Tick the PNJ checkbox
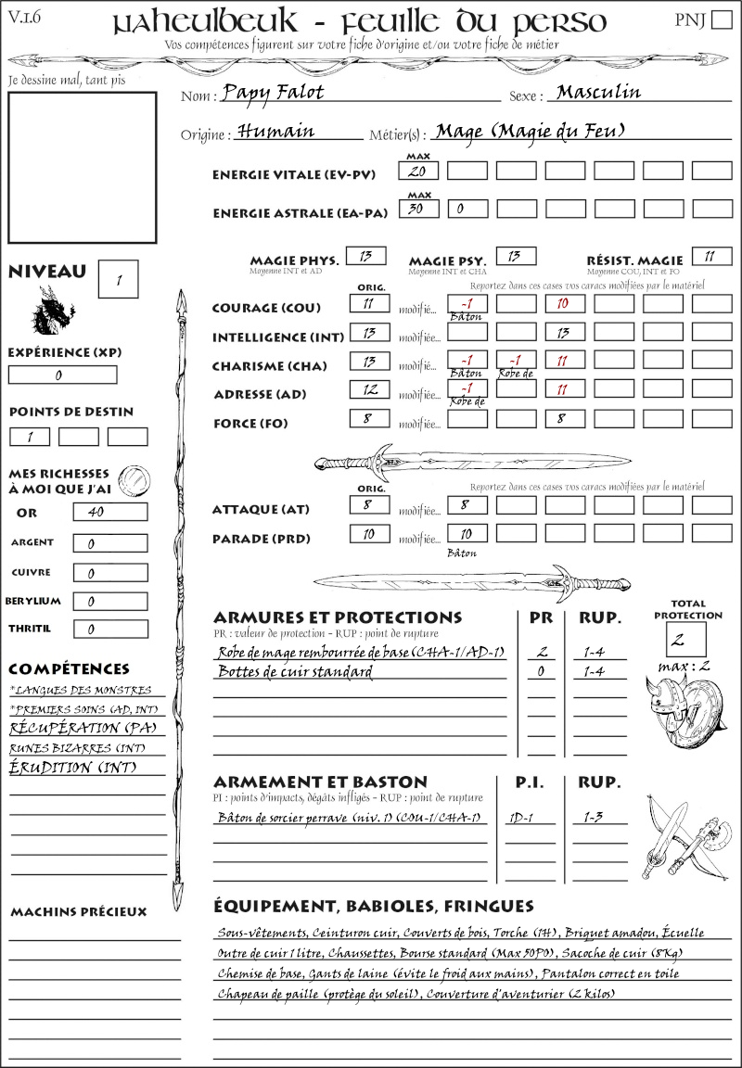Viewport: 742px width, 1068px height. tap(721, 21)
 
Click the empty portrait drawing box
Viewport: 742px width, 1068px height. tap(81, 168)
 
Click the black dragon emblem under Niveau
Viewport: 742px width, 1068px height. tap(55, 311)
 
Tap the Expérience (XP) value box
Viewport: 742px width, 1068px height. tap(62, 375)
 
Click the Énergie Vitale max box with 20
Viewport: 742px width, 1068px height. tap(419, 172)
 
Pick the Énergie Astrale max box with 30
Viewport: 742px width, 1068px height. tap(419, 210)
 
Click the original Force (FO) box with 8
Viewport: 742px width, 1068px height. tap(368, 419)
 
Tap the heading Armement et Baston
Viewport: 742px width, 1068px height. tap(320, 782)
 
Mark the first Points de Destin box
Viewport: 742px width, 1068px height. tap(30, 437)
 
